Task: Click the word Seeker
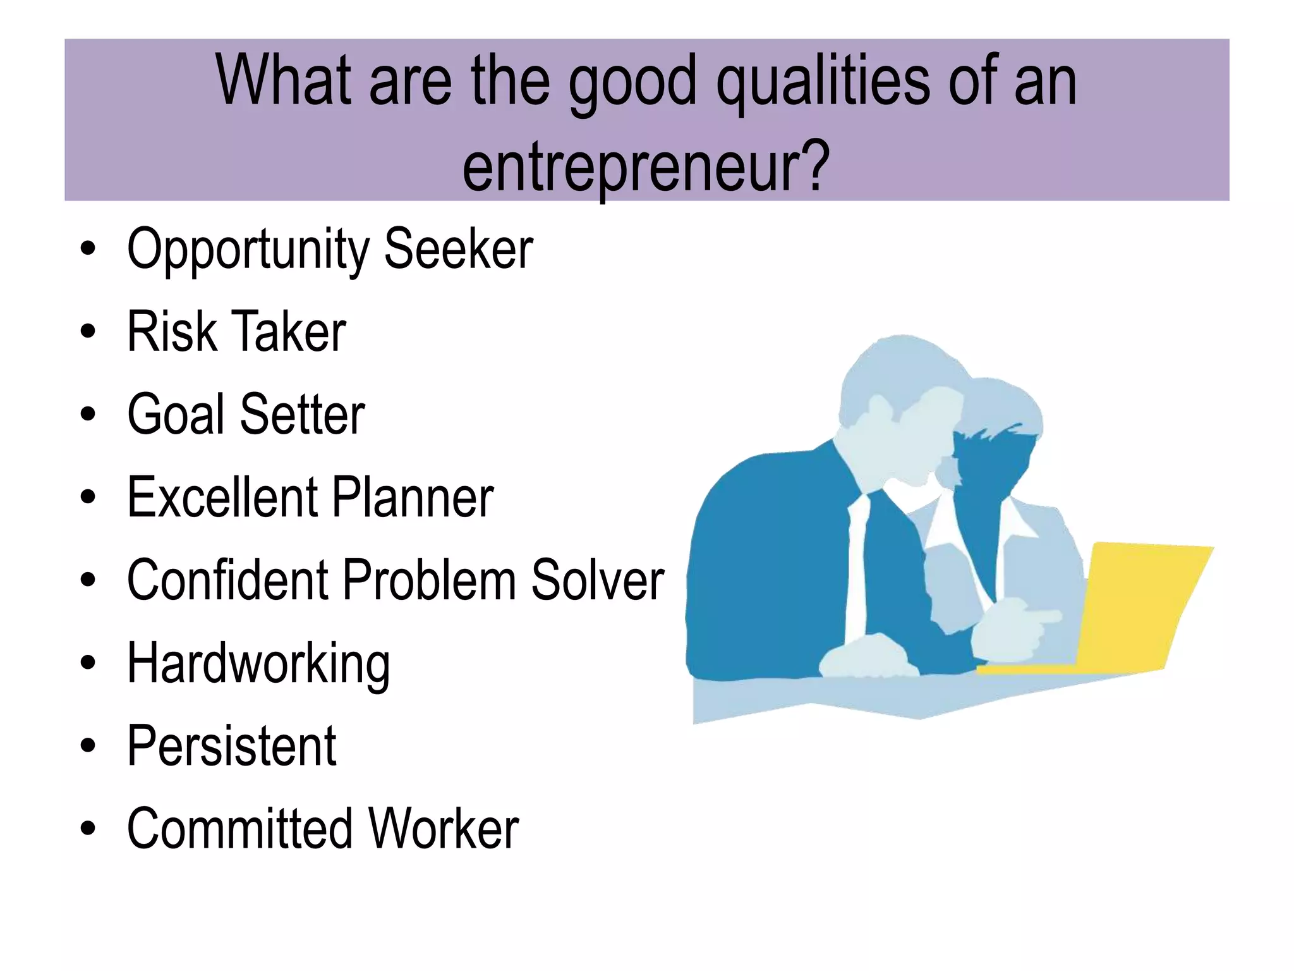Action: (x=458, y=249)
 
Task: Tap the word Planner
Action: (x=413, y=497)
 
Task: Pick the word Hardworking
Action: (x=258, y=664)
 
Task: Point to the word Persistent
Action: (x=232, y=746)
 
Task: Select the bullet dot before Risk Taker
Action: (x=88, y=331)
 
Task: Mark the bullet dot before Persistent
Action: (x=88, y=746)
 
